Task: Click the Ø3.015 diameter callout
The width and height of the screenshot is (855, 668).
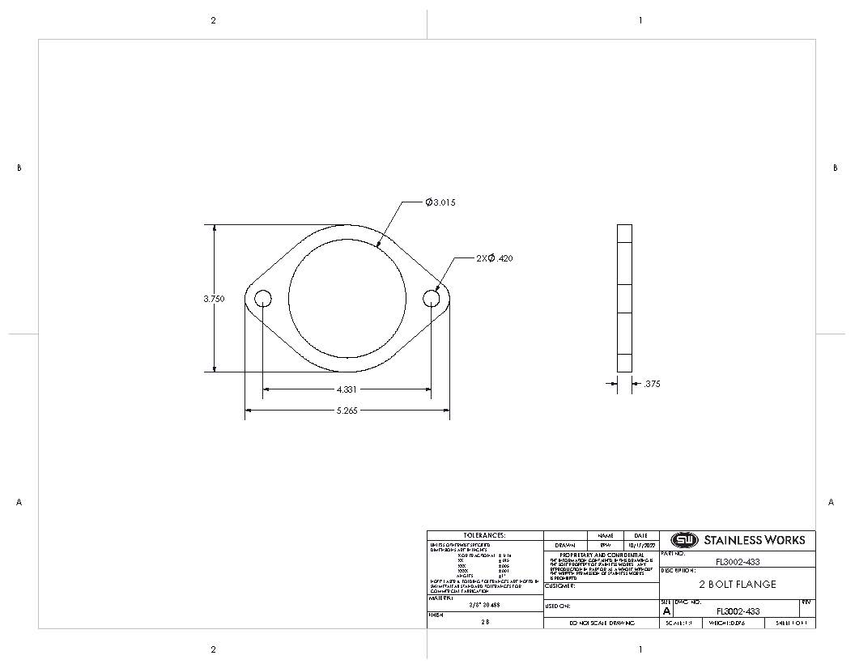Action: (x=440, y=202)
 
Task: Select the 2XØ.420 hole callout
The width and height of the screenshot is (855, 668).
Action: (x=494, y=258)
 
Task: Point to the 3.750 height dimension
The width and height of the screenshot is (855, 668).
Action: (x=214, y=299)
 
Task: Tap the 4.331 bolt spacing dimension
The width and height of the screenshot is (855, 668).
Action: (x=346, y=389)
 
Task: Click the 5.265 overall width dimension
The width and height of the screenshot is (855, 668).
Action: (x=347, y=411)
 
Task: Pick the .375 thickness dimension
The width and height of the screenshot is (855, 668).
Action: (x=651, y=384)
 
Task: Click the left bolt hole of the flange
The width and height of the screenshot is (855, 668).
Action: (x=263, y=299)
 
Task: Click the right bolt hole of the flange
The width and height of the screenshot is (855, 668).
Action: (x=431, y=299)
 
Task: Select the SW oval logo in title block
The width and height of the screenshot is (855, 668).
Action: (x=683, y=540)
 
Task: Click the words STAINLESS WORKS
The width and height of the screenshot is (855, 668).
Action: (x=754, y=540)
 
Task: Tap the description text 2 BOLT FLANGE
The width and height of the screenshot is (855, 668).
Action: (x=737, y=584)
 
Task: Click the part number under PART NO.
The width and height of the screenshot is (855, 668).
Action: (x=738, y=562)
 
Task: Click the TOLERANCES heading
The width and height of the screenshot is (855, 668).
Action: (x=484, y=535)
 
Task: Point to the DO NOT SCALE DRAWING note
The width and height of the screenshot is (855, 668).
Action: (x=601, y=623)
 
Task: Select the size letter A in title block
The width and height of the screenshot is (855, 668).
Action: (x=666, y=612)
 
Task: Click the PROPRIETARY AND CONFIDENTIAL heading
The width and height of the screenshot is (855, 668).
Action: (x=602, y=555)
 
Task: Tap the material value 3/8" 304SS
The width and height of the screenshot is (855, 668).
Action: (x=484, y=604)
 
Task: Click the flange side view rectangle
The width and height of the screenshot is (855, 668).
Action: (x=624, y=298)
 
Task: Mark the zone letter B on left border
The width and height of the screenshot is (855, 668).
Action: (x=19, y=168)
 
